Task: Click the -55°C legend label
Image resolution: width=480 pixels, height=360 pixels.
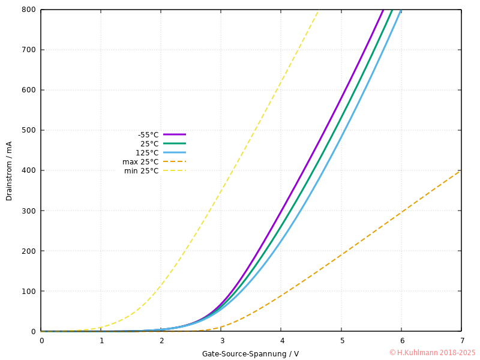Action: click(148, 135)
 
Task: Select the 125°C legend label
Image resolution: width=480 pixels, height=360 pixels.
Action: click(147, 153)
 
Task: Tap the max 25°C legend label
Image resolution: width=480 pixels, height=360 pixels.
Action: click(140, 162)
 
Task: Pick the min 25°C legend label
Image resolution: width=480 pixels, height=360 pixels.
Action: click(142, 171)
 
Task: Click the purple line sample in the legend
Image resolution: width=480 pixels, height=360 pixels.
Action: click(174, 134)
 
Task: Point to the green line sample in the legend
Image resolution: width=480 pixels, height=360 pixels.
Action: click(174, 143)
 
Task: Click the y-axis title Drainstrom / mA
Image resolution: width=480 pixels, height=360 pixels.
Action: click(9, 171)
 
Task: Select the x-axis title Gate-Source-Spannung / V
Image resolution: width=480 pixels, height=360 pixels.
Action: click(250, 354)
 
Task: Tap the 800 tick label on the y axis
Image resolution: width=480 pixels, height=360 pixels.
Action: click(29, 10)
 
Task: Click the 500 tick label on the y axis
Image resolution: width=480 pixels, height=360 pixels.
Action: click(29, 130)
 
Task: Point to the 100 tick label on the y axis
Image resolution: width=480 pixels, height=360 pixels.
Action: click(29, 291)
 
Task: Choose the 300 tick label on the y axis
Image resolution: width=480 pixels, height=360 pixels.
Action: click(29, 211)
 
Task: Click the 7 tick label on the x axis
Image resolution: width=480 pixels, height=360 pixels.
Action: click(461, 341)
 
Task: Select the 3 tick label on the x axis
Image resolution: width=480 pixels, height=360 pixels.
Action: click(221, 341)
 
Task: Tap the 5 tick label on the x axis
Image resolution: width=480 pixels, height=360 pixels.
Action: click(341, 341)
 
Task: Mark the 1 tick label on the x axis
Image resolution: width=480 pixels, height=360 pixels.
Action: click(101, 341)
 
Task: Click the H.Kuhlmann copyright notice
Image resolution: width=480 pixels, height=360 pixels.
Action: click(432, 353)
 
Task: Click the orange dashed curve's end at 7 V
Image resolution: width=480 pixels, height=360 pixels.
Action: click(461, 171)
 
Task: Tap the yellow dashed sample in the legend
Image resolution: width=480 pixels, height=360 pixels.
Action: click(174, 171)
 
